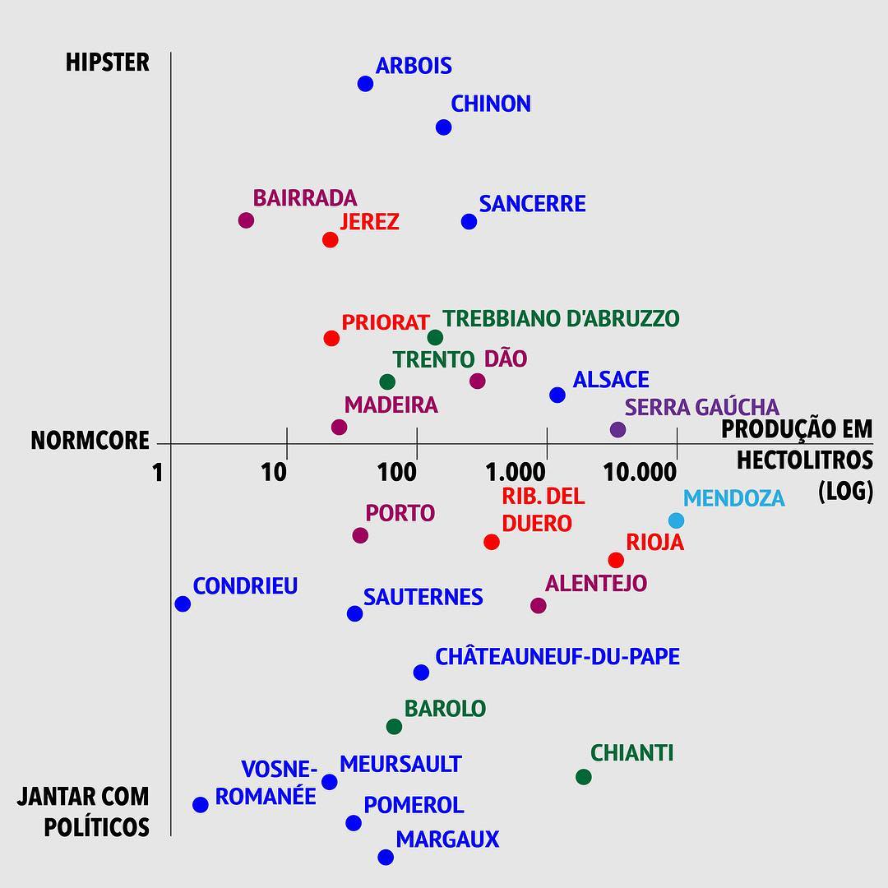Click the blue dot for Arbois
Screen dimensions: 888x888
coord(366,84)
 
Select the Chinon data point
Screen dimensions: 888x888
coord(444,127)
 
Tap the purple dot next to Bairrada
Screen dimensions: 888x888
coord(246,220)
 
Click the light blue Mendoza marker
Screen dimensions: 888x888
coord(676,520)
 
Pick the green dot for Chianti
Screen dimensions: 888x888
coord(584,777)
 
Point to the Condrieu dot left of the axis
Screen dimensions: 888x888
coord(183,604)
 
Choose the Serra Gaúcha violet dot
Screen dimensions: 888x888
coord(618,429)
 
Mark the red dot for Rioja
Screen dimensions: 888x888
coord(616,560)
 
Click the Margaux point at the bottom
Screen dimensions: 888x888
coord(386,858)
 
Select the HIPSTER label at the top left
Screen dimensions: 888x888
coord(108,62)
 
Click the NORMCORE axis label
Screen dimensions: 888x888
coord(90,441)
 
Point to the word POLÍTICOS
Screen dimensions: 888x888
coord(95,826)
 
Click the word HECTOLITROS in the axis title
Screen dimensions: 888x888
coord(804,459)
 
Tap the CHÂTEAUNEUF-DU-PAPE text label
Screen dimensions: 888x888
coord(557,657)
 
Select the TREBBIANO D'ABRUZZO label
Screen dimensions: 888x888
coord(561,318)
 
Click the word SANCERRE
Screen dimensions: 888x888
coord(532,203)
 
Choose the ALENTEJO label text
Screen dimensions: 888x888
coord(596,583)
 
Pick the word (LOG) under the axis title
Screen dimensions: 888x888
coord(845,491)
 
